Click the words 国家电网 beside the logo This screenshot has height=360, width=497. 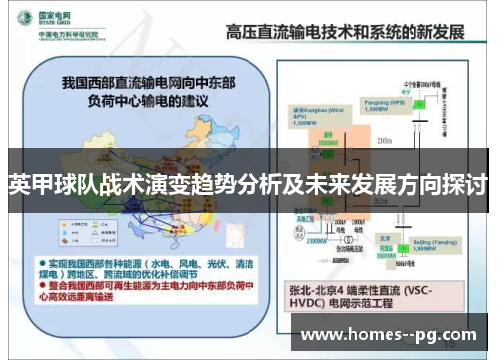(x=59, y=17)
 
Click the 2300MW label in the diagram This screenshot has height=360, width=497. (x=317, y=241)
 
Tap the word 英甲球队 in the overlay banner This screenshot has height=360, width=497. (x=44, y=183)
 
